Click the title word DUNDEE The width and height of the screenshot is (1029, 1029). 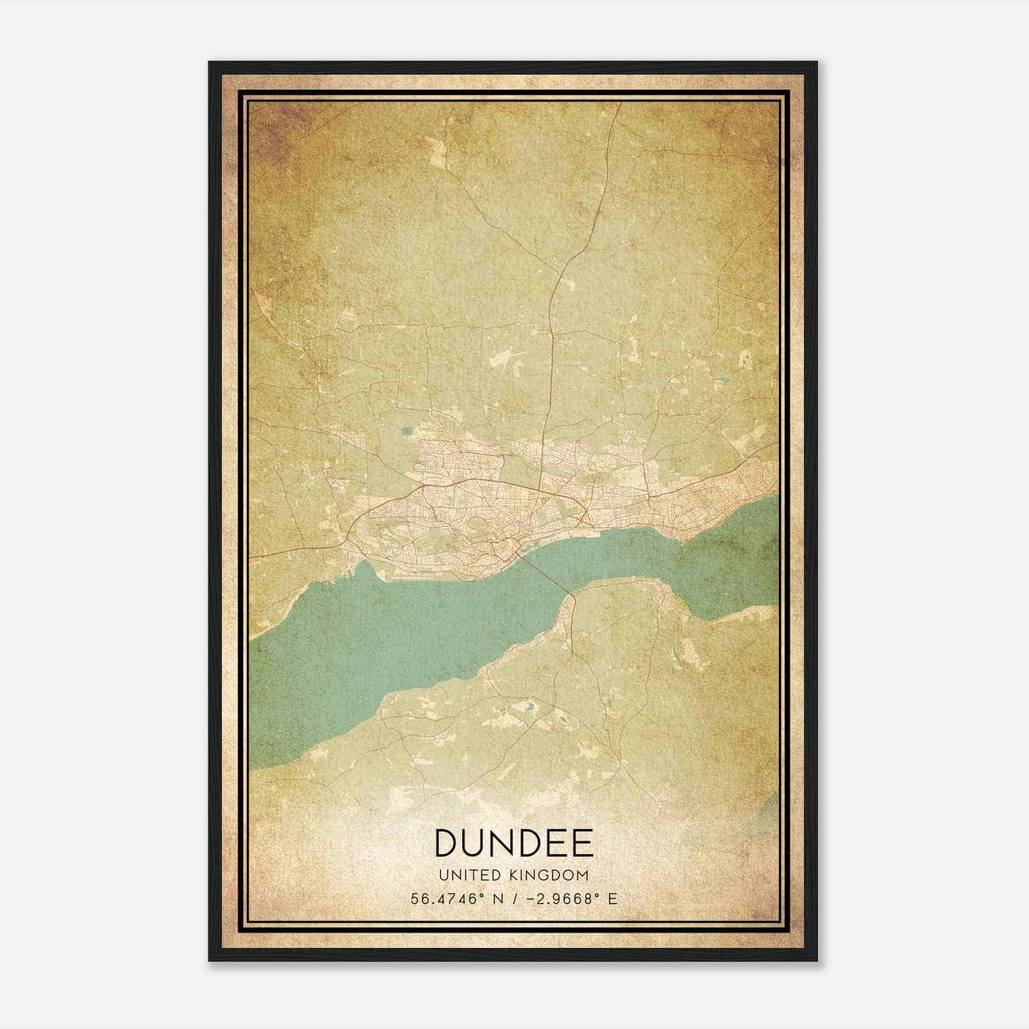pos(514,843)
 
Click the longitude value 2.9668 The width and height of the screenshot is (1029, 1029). pos(559,899)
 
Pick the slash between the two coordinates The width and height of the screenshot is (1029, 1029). pos(512,899)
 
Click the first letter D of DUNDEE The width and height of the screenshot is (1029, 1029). pos(448,843)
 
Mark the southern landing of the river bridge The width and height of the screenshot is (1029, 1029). pos(569,594)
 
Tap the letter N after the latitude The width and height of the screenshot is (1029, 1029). pos(496,899)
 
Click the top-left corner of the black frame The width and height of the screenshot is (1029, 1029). pos(210,63)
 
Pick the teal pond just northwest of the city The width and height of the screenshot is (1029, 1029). pos(406,432)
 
